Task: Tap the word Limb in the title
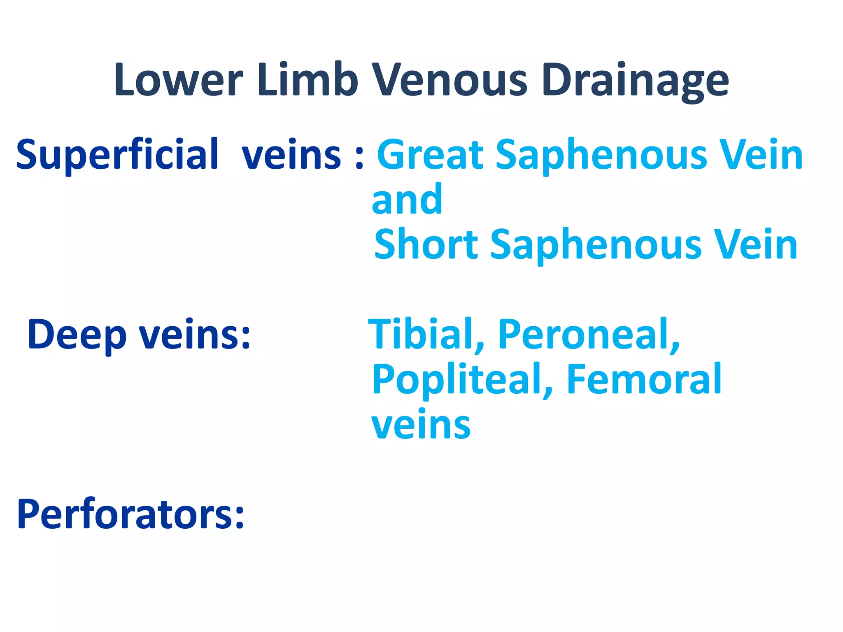[307, 80]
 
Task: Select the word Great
[430, 155]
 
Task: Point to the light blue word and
[407, 200]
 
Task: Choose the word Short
[426, 244]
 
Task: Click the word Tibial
[426, 334]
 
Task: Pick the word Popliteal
[462, 380]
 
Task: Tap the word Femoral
[644, 379]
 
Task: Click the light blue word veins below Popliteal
[421, 425]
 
